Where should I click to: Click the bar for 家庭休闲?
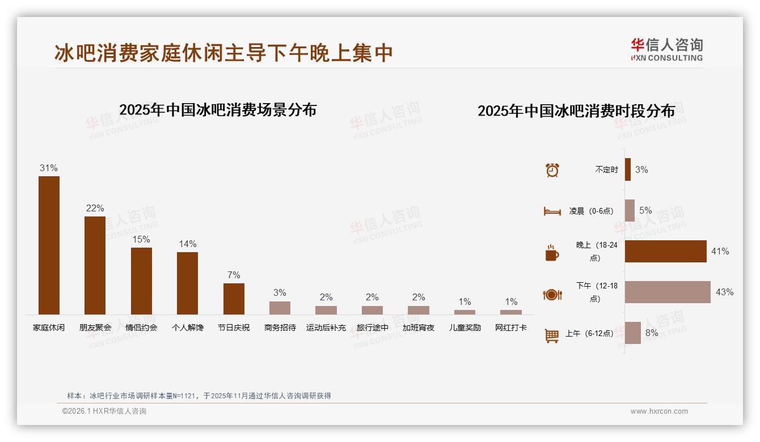coord(49,245)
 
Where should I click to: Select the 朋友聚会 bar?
coord(95,265)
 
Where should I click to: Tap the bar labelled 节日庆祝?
coord(234,299)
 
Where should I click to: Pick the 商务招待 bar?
coord(280,308)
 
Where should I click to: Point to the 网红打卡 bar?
coord(510,312)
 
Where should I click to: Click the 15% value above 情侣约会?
coord(141,240)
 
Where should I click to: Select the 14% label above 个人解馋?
coord(187,244)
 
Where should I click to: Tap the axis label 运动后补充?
coord(326,328)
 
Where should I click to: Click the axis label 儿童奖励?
coord(465,328)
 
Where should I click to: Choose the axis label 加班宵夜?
coord(419,328)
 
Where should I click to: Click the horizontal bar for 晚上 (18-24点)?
coord(665,251)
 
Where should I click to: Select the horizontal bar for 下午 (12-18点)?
coord(668,292)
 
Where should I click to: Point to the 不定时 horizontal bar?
coord(628,169)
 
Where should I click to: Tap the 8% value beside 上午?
coord(652,333)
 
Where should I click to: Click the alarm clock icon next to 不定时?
coord(552,170)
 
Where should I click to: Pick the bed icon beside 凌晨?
coord(552,211)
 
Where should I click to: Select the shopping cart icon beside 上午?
coord(552,335)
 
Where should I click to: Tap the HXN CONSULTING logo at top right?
coord(666,50)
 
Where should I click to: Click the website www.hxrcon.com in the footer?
coord(659,411)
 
